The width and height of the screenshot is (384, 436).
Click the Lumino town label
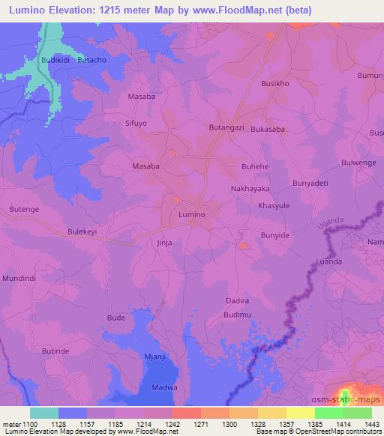pyautogui.click(x=192, y=214)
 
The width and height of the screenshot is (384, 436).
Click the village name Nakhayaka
pyautogui.click(x=250, y=189)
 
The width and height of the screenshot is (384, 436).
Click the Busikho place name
pyautogui.click(x=274, y=85)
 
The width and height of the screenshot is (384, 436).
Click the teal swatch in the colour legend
pyautogui.click(x=44, y=413)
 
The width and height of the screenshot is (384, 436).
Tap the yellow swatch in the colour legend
pyautogui.click(x=300, y=413)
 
